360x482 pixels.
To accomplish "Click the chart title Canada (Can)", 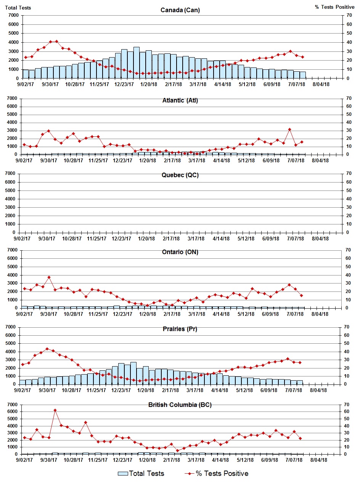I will tap(180, 10).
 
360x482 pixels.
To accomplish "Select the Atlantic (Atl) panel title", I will tap(180, 101).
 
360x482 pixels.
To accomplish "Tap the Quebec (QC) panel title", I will tap(180, 175).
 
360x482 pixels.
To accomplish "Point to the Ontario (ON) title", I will tap(180, 252).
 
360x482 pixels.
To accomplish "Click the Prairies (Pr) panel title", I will tap(180, 329).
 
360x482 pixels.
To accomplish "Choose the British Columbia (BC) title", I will tap(180, 405).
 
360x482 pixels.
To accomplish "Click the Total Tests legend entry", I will tap(141, 474).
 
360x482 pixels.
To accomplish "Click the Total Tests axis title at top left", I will tap(18, 8).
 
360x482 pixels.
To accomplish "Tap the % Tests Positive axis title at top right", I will tap(334, 8).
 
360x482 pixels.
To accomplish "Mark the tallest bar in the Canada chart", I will tap(136, 63).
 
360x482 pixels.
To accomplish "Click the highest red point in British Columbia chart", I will tap(55, 410).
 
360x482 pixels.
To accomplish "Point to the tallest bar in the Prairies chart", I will tap(133, 373).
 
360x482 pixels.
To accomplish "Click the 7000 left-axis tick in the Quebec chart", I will tap(13, 174).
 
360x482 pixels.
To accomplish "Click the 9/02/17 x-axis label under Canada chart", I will tap(24, 84).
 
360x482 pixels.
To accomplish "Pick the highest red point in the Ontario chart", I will tap(49, 277).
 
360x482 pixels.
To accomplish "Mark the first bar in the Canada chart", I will tap(26, 74).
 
